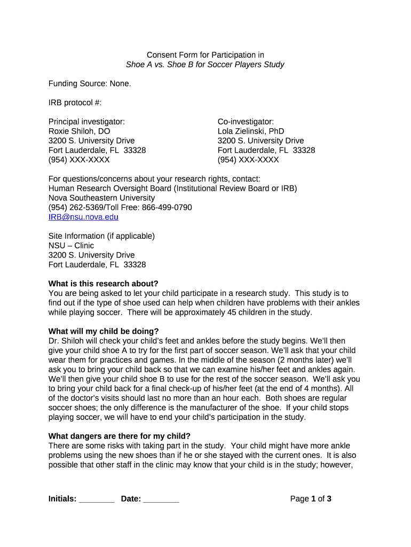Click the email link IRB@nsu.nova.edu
tap(83, 217)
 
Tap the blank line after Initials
tap(97, 499)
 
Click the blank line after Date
tap(161, 499)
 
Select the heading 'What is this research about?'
tap(104, 284)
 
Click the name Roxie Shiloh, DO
tap(80, 131)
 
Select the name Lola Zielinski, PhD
tap(251, 131)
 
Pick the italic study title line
tap(205, 65)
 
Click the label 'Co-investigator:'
tap(246, 122)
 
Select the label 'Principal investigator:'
tap(86, 122)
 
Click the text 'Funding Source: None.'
tap(90, 84)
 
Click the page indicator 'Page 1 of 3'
tap(311, 499)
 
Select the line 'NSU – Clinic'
tap(71, 246)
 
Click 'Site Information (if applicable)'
tap(101, 236)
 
